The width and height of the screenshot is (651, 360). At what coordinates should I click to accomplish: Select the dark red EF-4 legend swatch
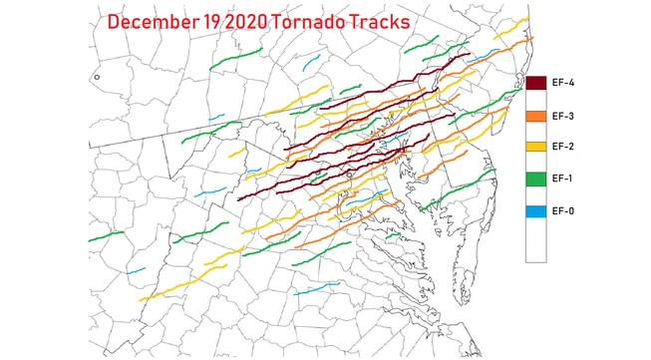535,85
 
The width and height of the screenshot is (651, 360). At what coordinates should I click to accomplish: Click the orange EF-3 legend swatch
535,117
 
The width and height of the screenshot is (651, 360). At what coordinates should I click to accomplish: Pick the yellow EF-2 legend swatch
535,148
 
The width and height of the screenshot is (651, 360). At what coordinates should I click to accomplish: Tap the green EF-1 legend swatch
535,180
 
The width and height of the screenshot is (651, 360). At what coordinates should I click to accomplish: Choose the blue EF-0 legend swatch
535,211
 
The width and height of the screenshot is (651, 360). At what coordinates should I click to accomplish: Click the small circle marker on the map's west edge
97,77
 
